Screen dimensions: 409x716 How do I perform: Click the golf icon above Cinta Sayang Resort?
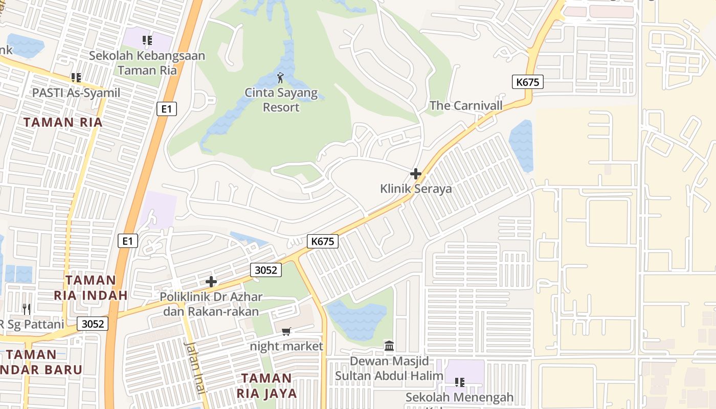280,78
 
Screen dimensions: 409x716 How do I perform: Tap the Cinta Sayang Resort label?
281,100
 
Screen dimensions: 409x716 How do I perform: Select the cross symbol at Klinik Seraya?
416,174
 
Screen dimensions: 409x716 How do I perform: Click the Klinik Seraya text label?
416,189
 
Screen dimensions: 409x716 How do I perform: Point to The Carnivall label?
466,106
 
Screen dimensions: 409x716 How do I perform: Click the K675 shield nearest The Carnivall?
527,82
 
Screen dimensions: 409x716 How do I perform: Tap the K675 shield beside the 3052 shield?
323,241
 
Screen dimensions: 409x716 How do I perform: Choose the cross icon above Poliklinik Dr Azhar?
211,282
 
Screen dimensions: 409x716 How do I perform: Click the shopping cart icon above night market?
286,332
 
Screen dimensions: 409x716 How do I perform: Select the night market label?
286,347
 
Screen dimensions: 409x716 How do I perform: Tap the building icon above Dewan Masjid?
389,346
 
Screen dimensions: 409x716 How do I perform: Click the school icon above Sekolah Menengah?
459,382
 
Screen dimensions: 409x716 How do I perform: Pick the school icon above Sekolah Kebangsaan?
147,40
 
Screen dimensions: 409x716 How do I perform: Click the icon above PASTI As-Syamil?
76,78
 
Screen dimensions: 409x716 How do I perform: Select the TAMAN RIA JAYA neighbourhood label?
266,385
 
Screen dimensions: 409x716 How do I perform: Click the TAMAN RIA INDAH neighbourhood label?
91,287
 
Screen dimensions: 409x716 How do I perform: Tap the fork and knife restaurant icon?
27,309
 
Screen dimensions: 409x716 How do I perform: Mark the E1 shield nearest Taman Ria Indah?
127,241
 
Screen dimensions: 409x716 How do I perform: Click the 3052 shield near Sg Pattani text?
93,324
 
